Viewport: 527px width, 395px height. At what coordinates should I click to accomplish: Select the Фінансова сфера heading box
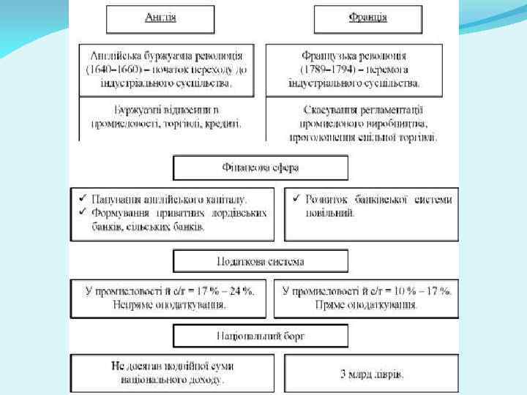pos(261,168)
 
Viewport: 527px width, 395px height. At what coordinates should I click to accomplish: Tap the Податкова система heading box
pos(261,261)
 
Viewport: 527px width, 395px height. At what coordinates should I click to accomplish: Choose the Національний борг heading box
pos(261,336)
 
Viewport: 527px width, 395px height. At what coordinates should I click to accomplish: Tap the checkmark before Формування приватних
pos(83,212)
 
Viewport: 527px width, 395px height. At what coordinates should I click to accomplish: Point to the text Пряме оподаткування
pos(367,304)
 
